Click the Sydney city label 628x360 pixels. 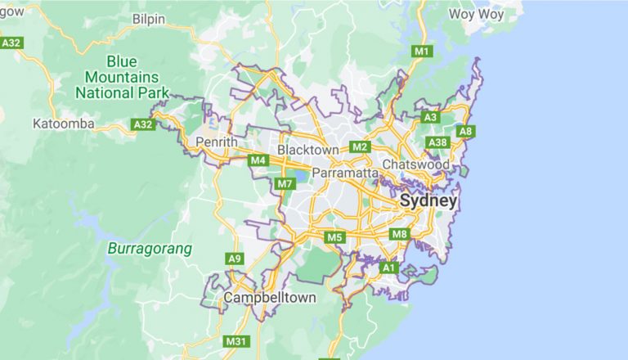[428, 201]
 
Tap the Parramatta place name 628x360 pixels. [344, 174]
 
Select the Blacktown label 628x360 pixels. [307, 151]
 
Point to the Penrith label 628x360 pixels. [217, 142]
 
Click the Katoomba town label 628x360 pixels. [64, 124]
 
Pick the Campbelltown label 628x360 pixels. [270, 298]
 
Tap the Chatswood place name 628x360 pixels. [427, 165]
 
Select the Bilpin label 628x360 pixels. [148, 18]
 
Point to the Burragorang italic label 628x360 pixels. [149, 248]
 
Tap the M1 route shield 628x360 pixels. [422, 52]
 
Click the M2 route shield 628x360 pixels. [359, 147]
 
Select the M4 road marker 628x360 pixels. [258, 160]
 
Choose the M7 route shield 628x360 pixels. [285, 183]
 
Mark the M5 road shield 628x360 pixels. [334, 237]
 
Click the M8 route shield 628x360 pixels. [399, 235]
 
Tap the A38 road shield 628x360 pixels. [438, 143]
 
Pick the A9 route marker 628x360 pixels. [235, 259]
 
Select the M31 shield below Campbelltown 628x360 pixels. [236, 341]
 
